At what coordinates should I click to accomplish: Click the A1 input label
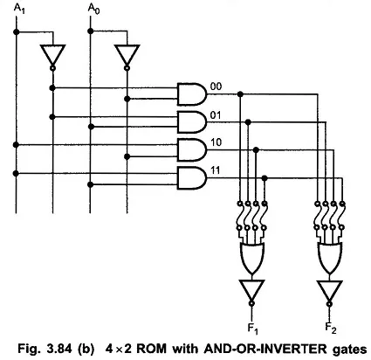coord(19,9)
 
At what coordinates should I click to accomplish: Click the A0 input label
coord(93,9)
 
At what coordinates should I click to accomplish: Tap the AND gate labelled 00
coord(192,93)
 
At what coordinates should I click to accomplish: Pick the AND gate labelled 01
coord(192,121)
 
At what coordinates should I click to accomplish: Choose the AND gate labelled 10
coord(192,150)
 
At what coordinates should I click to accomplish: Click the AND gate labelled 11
coord(192,178)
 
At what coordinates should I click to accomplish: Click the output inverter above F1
coord(251,293)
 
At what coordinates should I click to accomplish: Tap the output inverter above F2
coord(329,293)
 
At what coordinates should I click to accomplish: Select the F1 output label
coord(252,329)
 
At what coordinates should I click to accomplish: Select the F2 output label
coord(331,329)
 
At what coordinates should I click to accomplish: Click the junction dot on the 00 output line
coord(240,94)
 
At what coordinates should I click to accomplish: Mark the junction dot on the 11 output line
coord(265,178)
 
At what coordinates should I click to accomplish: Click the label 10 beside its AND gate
coord(216,142)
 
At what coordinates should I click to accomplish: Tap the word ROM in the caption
coord(152,349)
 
